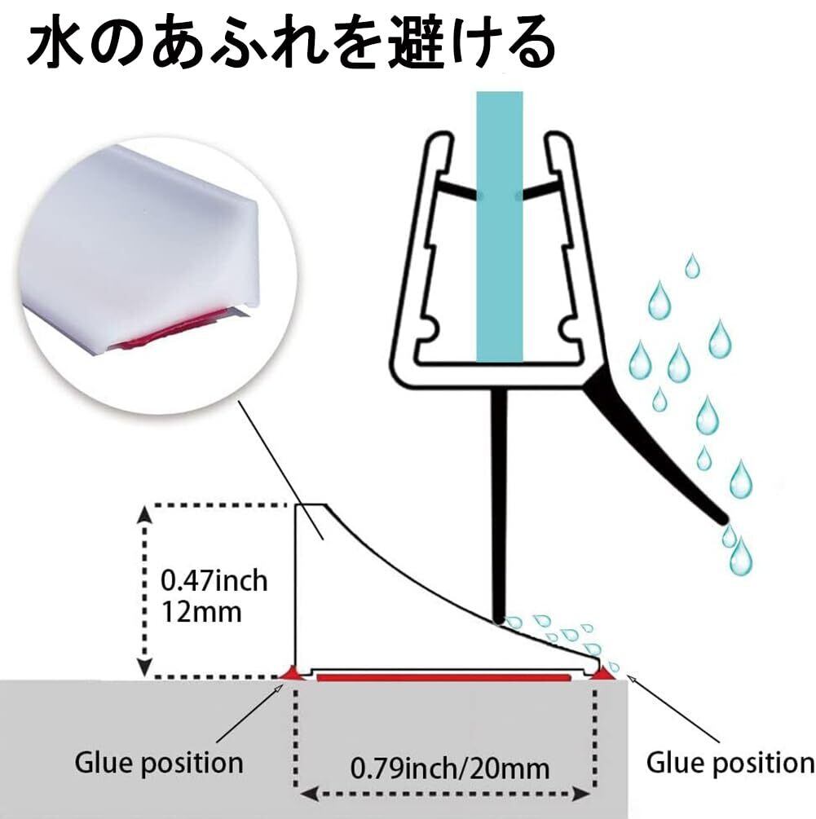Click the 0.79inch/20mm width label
tap(450, 767)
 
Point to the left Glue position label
tap(158, 764)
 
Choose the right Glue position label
tap(730, 764)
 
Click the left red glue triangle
tap(289, 672)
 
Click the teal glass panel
tap(498, 228)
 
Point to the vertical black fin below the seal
tap(499, 505)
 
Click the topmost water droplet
tap(692, 266)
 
